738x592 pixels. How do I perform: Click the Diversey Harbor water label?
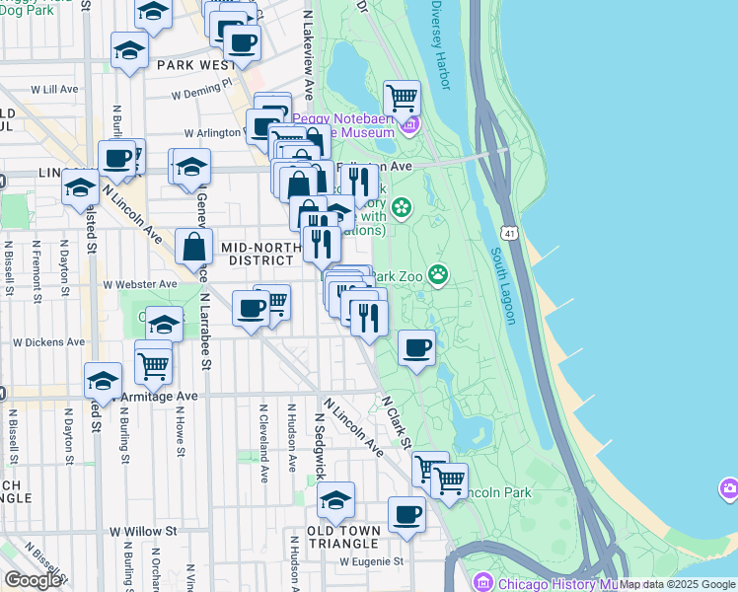click(x=441, y=45)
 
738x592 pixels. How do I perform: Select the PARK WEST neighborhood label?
click(x=194, y=65)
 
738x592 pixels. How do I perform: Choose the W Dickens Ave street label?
click(x=48, y=342)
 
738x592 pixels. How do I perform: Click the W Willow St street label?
click(x=142, y=531)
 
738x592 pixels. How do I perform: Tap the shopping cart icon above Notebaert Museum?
click(x=402, y=99)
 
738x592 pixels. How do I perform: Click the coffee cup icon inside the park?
click(x=417, y=348)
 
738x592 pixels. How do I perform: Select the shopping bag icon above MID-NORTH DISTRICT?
click(x=194, y=246)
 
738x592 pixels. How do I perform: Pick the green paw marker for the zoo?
click(x=437, y=274)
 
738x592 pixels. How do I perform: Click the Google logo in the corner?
click(x=32, y=580)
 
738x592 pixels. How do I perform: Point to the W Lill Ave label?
click(x=54, y=89)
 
